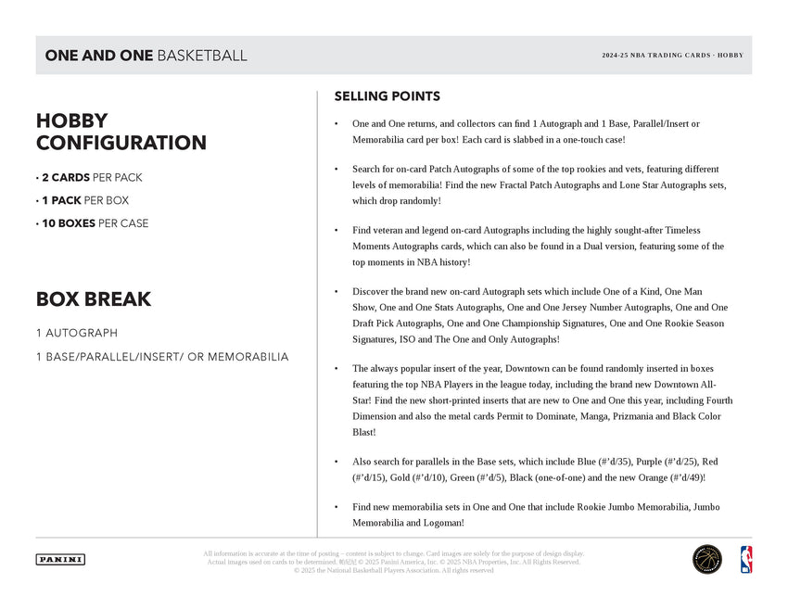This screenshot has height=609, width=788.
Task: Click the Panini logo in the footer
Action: point(60,559)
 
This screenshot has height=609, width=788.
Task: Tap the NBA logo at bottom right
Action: point(745,559)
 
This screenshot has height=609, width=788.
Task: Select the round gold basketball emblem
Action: point(707,559)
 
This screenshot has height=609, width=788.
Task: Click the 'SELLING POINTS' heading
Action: point(387,96)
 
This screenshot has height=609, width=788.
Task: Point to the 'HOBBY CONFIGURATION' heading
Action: point(121,132)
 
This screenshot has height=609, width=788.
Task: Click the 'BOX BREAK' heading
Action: point(93,299)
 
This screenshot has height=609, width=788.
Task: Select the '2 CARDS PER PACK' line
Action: point(89,177)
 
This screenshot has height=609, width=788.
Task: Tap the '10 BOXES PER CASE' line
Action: point(92,223)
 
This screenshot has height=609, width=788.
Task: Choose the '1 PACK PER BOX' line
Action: point(83,200)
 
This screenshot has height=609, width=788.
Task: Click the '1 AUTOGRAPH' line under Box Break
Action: point(76,333)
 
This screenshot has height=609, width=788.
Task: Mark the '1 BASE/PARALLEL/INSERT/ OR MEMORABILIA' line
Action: point(161,357)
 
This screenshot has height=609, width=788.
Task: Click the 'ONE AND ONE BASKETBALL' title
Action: point(146,56)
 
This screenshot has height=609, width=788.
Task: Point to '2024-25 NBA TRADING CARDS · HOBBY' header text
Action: point(672,56)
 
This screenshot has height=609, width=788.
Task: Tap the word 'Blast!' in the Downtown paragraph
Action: point(364,432)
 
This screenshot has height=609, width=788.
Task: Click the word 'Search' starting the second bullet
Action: point(367,170)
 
